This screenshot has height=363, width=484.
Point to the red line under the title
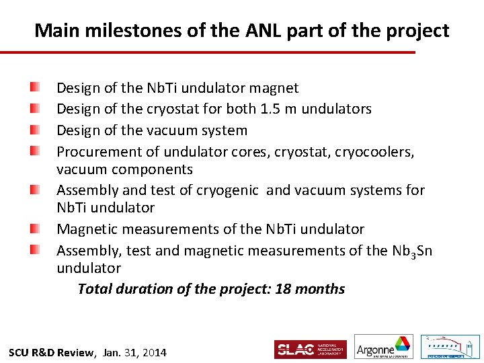point(208,52)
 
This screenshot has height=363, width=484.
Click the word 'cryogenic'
point(227,190)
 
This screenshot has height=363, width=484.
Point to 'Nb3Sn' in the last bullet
point(411,251)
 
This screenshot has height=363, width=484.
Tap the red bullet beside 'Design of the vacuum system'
point(34,130)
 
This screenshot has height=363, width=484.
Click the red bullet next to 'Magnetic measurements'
point(34,229)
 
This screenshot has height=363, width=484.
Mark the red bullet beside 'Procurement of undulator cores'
point(34,151)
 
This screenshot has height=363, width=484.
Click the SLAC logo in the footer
point(310,350)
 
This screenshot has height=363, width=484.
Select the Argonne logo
point(383,347)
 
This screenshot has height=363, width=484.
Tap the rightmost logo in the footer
point(450,347)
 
